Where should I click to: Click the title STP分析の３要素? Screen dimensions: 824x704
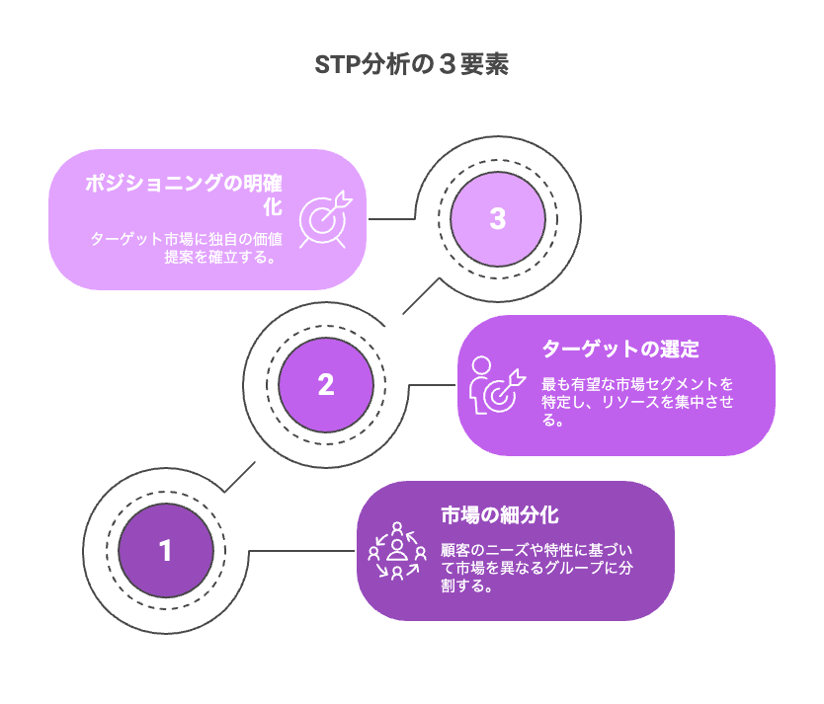pyautogui.click(x=411, y=64)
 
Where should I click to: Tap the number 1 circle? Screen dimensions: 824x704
pyautogui.click(x=166, y=551)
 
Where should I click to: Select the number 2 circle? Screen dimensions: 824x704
pyautogui.click(x=326, y=385)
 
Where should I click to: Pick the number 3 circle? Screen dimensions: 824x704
pyautogui.click(x=498, y=219)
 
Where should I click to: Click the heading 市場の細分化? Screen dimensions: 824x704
pyautogui.click(x=500, y=515)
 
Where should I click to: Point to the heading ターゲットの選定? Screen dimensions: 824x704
pyautogui.click(x=620, y=350)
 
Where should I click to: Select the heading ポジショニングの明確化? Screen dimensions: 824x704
pyautogui.click(x=184, y=195)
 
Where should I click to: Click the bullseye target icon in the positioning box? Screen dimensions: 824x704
pyautogui.click(x=325, y=219)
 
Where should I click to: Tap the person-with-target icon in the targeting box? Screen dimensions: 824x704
pyautogui.click(x=497, y=385)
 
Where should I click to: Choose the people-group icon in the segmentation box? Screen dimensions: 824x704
pyautogui.click(x=397, y=551)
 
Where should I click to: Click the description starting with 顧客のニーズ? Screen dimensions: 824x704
pyautogui.click(x=536, y=568)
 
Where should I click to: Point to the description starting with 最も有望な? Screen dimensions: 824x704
pyautogui.click(x=637, y=402)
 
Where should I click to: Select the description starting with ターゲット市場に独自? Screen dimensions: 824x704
pyautogui.click(x=187, y=248)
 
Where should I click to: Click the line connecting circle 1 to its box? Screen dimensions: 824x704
pyautogui.click(x=301, y=551)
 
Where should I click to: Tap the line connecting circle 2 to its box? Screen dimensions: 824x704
pyautogui.click(x=432, y=385)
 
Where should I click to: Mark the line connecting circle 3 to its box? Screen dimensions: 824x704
pyautogui.click(x=391, y=219)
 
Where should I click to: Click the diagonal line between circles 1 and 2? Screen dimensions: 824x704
pyautogui.click(x=240, y=477)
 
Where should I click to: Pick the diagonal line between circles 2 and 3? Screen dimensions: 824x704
pyautogui.click(x=421, y=296)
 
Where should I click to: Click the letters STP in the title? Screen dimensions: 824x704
pyautogui.click(x=337, y=65)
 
